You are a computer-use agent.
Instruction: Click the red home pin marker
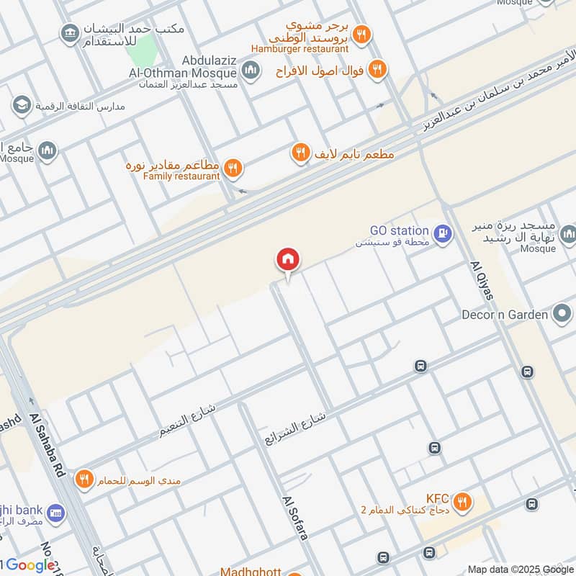288,259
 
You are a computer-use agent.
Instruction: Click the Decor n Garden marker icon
561,314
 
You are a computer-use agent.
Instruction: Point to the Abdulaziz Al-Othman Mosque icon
251,71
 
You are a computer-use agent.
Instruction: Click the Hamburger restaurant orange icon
363,34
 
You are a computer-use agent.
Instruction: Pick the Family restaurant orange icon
233,168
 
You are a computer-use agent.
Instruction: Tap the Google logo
30,565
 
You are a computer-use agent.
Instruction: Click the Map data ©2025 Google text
521,569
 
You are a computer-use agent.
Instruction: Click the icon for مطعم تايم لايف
300,153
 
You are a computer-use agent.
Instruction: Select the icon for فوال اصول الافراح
377,70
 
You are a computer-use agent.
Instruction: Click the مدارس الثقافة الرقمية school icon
21,106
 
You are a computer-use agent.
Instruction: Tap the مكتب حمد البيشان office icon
70,34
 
